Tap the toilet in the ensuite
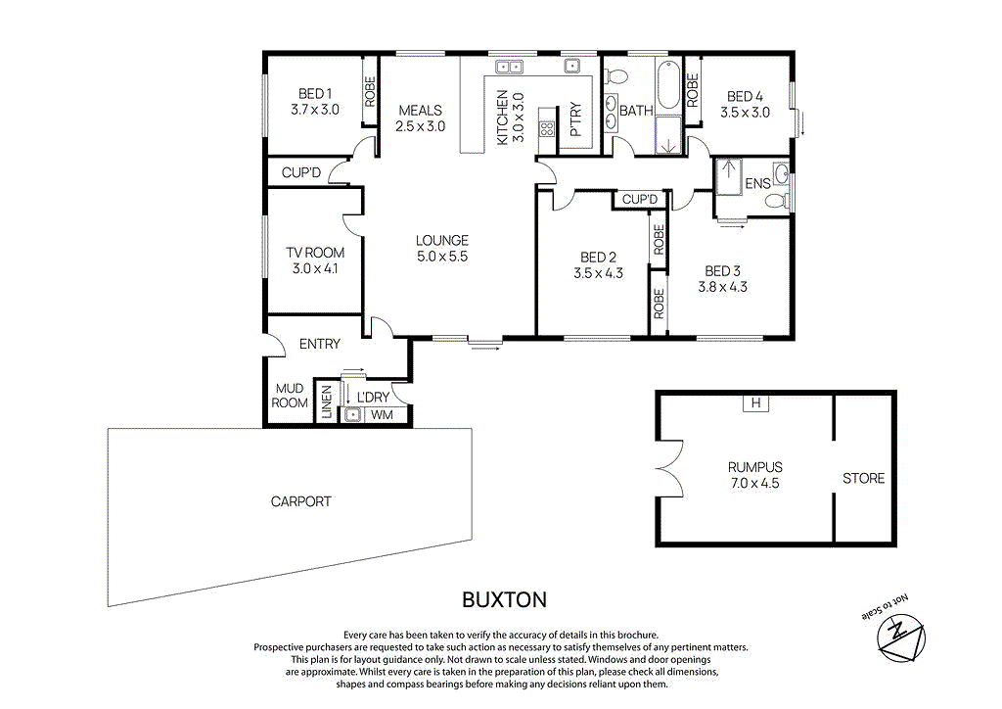775,202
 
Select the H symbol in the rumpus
754,402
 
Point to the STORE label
863,478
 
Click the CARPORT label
300,501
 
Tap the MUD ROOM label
290,396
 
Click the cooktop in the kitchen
547,126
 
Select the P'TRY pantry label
575,119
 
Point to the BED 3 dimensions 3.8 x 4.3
722,287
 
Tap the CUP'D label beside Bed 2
640,200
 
